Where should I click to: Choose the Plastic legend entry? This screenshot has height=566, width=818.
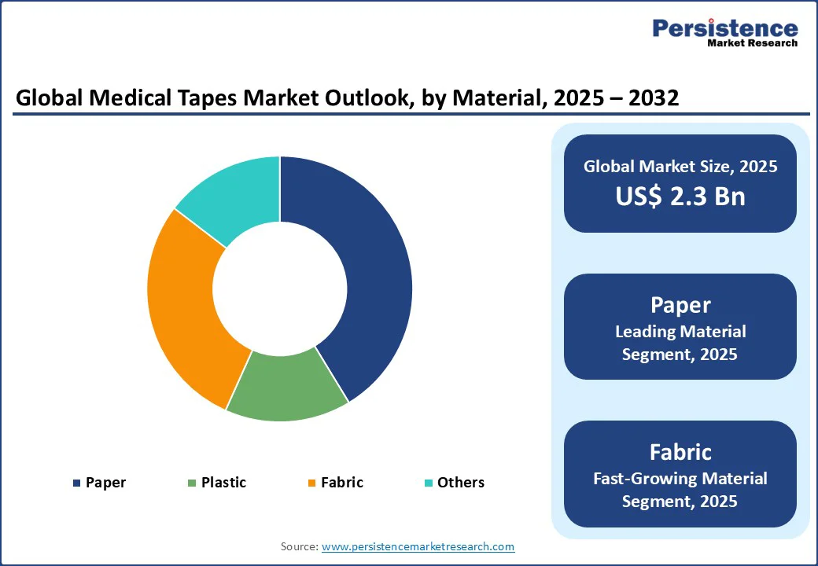217,482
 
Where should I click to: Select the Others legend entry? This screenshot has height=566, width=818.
454,482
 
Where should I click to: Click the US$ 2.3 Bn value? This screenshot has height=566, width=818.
680,196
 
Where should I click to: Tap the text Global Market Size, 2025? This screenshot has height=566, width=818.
680,166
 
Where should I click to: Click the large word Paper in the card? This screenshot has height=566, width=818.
680,305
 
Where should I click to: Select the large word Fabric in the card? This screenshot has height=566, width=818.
680,452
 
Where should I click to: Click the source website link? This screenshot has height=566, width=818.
418,546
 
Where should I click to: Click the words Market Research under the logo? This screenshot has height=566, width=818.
752,43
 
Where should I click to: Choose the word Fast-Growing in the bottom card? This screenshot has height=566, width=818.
645,478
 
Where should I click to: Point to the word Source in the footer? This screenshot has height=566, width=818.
299,546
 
